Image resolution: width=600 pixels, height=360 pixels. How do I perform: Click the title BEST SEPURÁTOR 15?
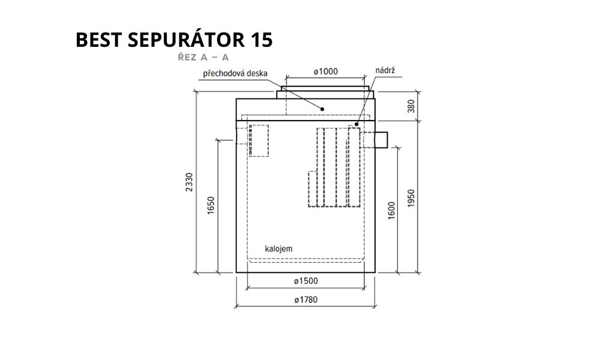coord(174,40)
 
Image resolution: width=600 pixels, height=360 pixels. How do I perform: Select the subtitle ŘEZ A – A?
coord(203,58)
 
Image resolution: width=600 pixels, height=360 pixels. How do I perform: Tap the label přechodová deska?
coord(235,73)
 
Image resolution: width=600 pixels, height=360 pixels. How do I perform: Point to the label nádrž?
coord(385,70)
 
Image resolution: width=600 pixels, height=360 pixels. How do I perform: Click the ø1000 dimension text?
coord(326,71)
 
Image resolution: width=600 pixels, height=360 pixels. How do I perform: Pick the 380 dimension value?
coord(411,106)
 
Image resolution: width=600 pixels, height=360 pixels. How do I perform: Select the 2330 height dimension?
coord(190,182)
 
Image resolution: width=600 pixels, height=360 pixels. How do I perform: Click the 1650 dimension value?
coord(211,205)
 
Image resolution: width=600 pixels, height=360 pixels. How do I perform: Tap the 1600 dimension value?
coord(391,211)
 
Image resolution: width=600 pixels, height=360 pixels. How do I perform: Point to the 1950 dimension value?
coord(411,199)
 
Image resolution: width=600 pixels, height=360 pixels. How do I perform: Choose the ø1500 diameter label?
coord(306,281)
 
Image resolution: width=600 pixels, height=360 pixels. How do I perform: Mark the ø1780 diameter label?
coord(306,300)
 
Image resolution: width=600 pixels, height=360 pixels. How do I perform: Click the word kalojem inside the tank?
coord(278,248)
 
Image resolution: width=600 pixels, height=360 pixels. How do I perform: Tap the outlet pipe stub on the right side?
coord(382,140)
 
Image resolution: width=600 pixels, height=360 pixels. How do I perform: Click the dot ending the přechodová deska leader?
coord(323,109)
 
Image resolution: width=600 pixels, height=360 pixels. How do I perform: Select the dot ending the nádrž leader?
coord(356,124)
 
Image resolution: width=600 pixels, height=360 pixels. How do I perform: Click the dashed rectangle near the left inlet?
coord(259,140)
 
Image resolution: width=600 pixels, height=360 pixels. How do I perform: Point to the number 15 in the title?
coord(262,40)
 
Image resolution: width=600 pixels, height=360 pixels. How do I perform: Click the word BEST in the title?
coord(99,40)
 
